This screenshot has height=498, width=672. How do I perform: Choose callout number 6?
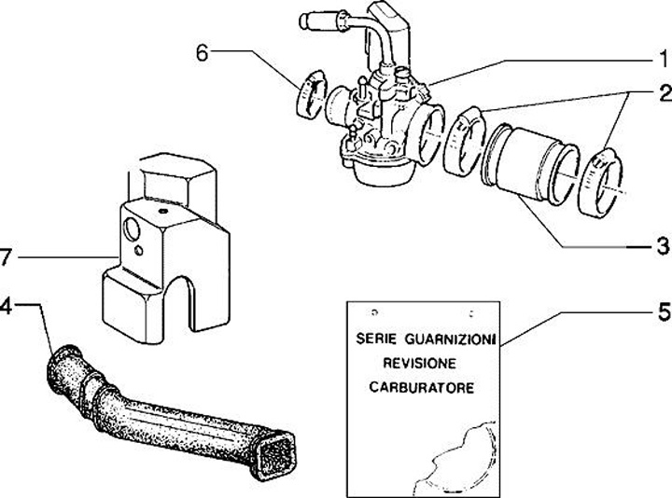click(202, 52)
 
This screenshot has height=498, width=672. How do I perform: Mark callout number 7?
click(7, 255)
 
